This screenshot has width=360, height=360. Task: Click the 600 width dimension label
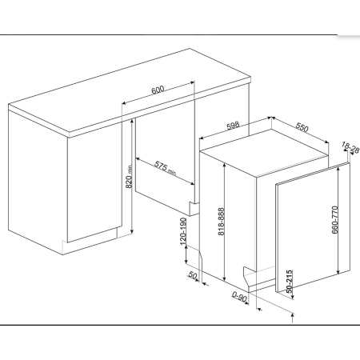point(158,90)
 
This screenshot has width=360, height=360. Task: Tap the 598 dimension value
point(233,126)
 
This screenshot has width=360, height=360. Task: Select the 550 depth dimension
point(302,128)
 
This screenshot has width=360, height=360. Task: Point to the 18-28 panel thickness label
point(350,148)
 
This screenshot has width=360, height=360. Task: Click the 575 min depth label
point(166,169)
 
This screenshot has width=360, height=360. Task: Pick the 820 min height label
point(129,176)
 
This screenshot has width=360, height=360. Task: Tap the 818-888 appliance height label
point(222,222)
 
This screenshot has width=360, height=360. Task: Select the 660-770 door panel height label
point(335,220)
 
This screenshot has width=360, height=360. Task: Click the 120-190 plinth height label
point(183,231)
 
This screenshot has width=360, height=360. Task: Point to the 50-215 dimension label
point(290,282)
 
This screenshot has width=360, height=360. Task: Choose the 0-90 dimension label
point(239,297)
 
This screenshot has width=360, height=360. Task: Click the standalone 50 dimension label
point(193,275)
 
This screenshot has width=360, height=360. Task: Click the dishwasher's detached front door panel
point(313,227)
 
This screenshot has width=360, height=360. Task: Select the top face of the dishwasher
point(264,153)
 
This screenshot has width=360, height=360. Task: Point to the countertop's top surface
point(130,90)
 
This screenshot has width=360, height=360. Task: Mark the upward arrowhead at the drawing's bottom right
point(293,316)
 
